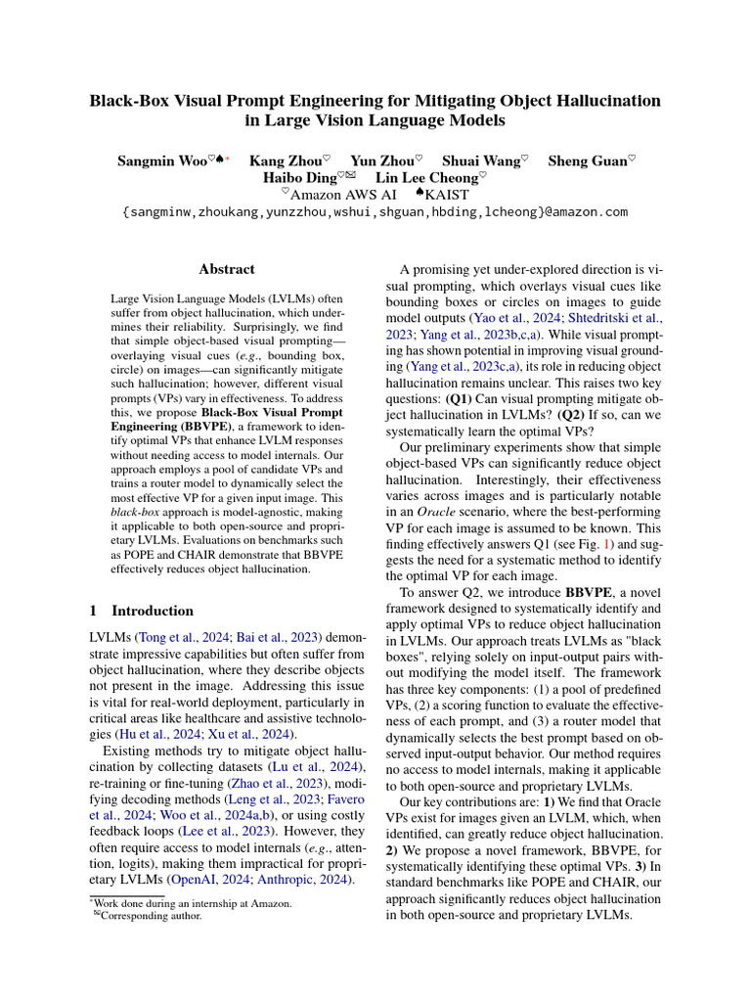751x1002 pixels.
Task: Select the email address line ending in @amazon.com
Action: coord(375,211)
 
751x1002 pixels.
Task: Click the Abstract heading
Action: coord(227,269)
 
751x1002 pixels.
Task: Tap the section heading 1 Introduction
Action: coord(140,611)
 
